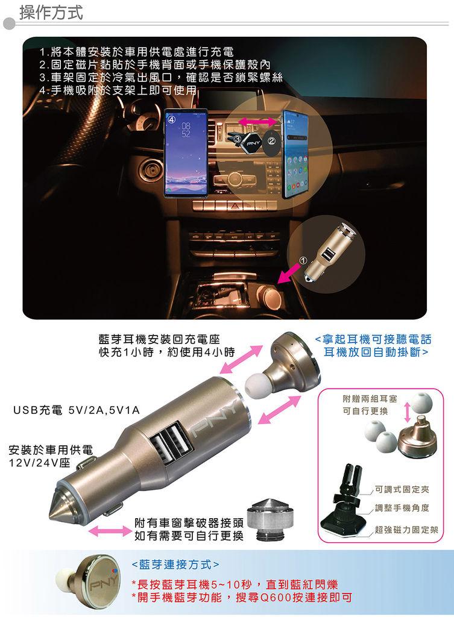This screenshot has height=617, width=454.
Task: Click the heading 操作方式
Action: pyautogui.click(x=51, y=12)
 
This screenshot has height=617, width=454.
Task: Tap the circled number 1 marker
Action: pyautogui.click(x=303, y=260)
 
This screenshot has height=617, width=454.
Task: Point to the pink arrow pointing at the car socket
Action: pyautogui.click(x=290, y=274)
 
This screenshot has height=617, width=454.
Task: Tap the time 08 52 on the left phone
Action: pyautogui.click(x=186, y=130)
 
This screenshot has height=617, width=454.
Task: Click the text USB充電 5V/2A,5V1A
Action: pyautogui.click(x=77, y=410)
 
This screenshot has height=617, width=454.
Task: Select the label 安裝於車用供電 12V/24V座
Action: pyautogui.click(x=51, y=456)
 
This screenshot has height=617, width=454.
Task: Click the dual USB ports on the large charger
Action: pyautogui.click(x=171, y=443)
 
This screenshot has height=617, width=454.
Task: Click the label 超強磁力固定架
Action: pyautogui.click(x=406, y=530)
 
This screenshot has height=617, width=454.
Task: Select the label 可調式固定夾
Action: pyautogui.click(x=402, y=489)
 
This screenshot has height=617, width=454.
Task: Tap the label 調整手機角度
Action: pyautogui.click(x=402, y=508)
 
